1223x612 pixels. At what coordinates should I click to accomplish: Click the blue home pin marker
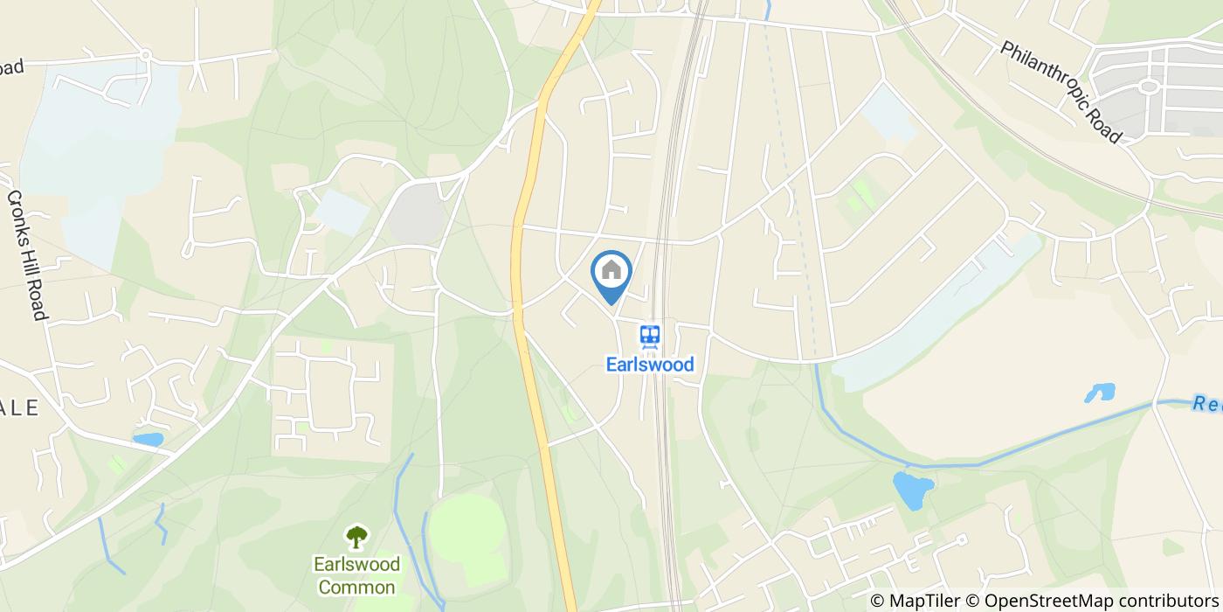611,273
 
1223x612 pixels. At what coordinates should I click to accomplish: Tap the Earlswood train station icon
649,336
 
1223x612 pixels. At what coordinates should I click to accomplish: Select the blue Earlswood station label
650,364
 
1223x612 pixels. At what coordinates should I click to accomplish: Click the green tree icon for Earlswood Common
356,536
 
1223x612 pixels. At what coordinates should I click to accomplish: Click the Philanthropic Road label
1060,91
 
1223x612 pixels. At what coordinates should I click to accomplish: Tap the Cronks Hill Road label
27,254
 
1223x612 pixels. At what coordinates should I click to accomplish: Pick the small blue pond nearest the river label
1100,393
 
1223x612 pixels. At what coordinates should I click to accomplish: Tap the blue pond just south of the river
913,490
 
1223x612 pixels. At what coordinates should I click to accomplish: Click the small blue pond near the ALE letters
148,439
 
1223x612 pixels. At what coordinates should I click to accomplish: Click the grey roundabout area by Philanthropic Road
1148,87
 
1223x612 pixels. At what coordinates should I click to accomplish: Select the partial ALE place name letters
19,407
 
